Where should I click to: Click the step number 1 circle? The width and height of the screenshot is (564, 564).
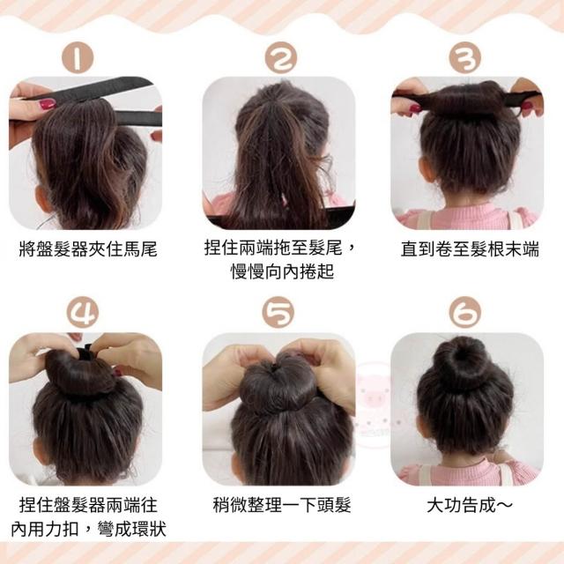[x=78, y=58]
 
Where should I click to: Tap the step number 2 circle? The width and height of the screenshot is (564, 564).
[x=281, y=58]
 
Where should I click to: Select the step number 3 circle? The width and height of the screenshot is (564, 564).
[x=465, y=58]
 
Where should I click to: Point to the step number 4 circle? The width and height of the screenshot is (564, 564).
[x=82, y=312]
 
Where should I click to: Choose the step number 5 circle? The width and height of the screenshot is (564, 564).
[x=278, y=312]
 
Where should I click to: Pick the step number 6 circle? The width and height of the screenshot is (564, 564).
[x=465, y=312]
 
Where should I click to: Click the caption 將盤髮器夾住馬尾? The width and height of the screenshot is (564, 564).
[x=88, y=249]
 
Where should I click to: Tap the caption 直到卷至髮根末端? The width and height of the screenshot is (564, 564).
[x=470, y=249]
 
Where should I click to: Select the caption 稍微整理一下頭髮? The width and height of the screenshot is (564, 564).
[x=282, y=505]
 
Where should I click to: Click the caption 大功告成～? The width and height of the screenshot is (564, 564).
[x=470, y=505]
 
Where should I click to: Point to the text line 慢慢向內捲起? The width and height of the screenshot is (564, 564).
[x=282, y=271]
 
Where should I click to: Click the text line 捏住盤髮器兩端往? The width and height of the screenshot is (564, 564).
[x=88, y=505]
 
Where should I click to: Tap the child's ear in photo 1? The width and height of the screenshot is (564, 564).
[x=41, y=200]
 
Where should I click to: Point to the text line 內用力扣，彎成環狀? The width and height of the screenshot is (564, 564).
[x=88, y=529]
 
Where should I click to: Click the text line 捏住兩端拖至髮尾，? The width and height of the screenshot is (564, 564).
[x=280, y=248]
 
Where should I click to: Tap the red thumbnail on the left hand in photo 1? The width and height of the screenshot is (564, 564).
[x=48, y=104]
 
